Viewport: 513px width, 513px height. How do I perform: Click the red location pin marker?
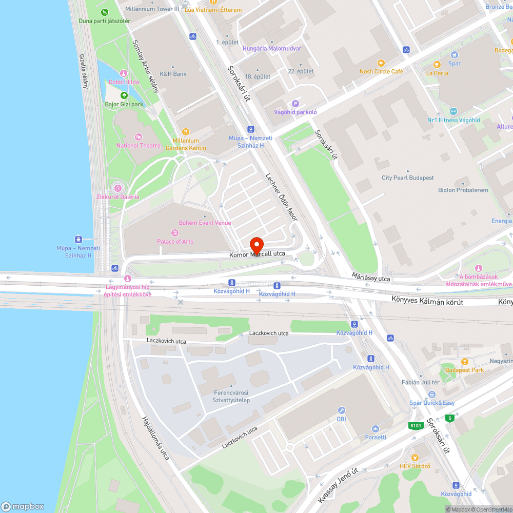click(256, 244)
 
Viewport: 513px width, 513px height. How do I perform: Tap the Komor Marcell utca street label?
click(257, 254)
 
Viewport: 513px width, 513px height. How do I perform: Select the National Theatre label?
click(139, 145)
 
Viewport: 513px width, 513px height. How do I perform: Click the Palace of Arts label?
click(175, 241)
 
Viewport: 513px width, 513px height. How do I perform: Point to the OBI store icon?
click(341, 410)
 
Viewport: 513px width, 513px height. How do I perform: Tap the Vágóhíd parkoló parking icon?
click(295, 104)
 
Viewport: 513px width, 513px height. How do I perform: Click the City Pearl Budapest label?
click(408, 177)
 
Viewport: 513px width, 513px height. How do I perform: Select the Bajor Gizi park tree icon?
click(124, 95)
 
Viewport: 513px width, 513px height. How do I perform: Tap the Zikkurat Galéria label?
click(118, 196)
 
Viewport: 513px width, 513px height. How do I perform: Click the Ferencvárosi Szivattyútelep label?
click(231, 397)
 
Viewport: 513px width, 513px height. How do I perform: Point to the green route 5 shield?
click(450, 418)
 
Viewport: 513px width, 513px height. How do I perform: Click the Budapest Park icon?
click(464, 362)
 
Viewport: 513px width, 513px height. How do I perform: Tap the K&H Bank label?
click(173, 73)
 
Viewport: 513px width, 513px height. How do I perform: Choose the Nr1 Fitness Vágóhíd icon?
click(453, 111)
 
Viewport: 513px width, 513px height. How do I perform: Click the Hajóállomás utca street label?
click(156, 438)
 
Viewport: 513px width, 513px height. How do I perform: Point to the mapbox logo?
click(23, 506)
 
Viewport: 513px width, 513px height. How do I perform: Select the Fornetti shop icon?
click(376, 429)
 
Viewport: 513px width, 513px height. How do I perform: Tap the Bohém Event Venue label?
click(205, 223)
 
